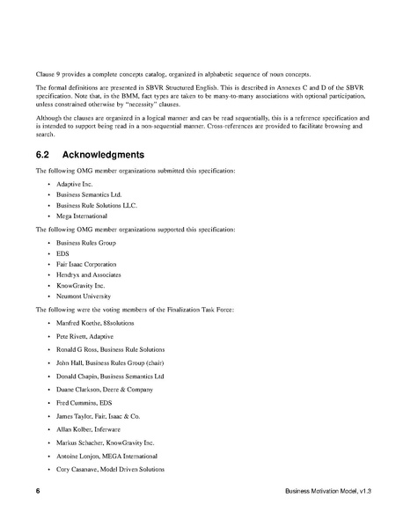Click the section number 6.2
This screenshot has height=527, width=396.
pos(45,155)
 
